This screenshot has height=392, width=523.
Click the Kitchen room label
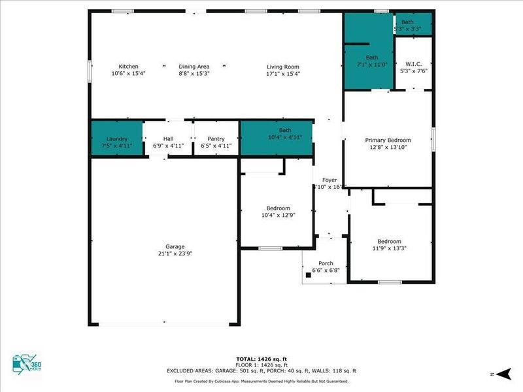pyautogui.click(x=128, y=67)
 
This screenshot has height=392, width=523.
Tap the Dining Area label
pyautogui.click(x=194, y=67)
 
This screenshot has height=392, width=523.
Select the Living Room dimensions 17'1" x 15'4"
pyautogui.click(x=282, y=74)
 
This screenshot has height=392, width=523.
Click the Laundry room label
pyautogui.click(x=116, y=139)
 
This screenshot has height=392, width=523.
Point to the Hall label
pyautogui.click(x=168, y=139)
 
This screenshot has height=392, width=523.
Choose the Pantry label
pyautogui.click(x=216, y=139)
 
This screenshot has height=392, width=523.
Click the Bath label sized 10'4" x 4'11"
pyautogui.click(x=285, y=130)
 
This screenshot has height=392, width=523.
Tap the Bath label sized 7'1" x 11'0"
pyautogui.click(x=372, y=57)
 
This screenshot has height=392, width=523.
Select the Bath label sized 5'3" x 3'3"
pyautogui.click(x=407, y=22)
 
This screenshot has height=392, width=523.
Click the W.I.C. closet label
pyautogui.click(x=413, y=64)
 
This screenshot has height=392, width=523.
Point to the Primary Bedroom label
pyautogui.click(x=388, y=140)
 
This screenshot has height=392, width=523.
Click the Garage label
pyautogui.click(x=175, y=246)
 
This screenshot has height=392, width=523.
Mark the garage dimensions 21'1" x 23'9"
pyautogui.click(x=175, y=253)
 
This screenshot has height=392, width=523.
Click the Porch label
pyautogui.click(x=325, y=263)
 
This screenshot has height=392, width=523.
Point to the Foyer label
pyautogui.click(x=329, y=180)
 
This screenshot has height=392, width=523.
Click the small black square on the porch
pyautogui.click(x=308, y=275)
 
